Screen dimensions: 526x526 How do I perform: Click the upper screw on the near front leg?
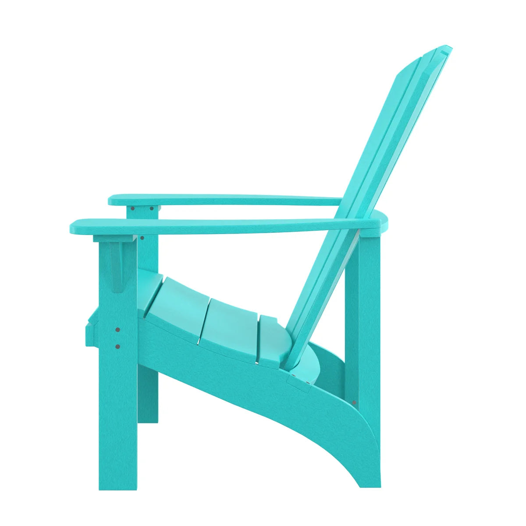coord(117,329)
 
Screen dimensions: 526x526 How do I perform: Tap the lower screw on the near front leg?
coord(117,347)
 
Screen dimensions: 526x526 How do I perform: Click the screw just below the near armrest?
coord(142,238)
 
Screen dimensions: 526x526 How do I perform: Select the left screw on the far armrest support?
coord(132,208)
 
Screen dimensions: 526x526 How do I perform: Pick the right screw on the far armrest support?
coord(152,208)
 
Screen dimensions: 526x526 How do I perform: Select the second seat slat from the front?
coord(184,307)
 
